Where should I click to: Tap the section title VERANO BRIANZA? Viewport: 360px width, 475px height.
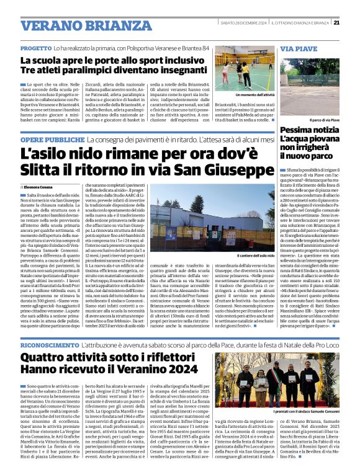point(78,26)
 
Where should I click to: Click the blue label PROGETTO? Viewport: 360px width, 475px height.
point(35,48)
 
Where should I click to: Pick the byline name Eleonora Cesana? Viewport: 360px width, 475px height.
point(39,186)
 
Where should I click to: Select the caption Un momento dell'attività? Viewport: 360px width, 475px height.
point(255,95)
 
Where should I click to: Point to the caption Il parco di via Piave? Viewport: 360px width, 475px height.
point(325,120)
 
